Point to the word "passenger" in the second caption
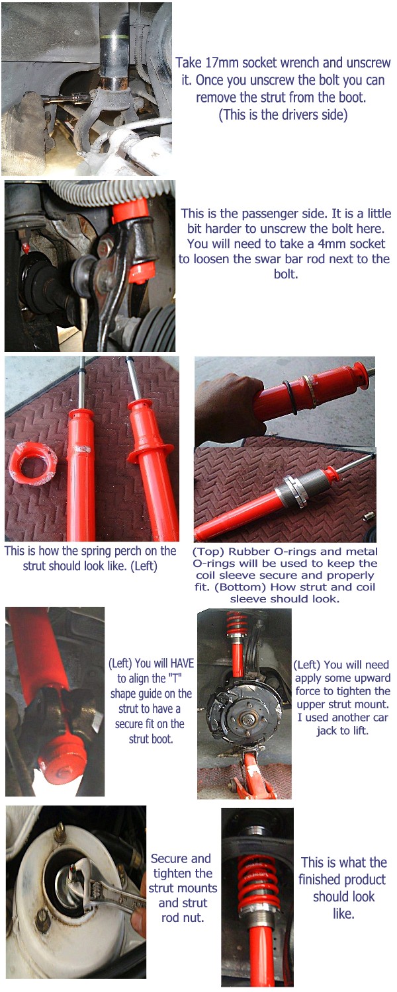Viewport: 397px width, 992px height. click(x=269, y=214)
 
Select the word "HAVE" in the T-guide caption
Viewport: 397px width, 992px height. click(x=182, y=663)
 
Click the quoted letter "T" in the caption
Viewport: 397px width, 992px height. click(x=173, y=678)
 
